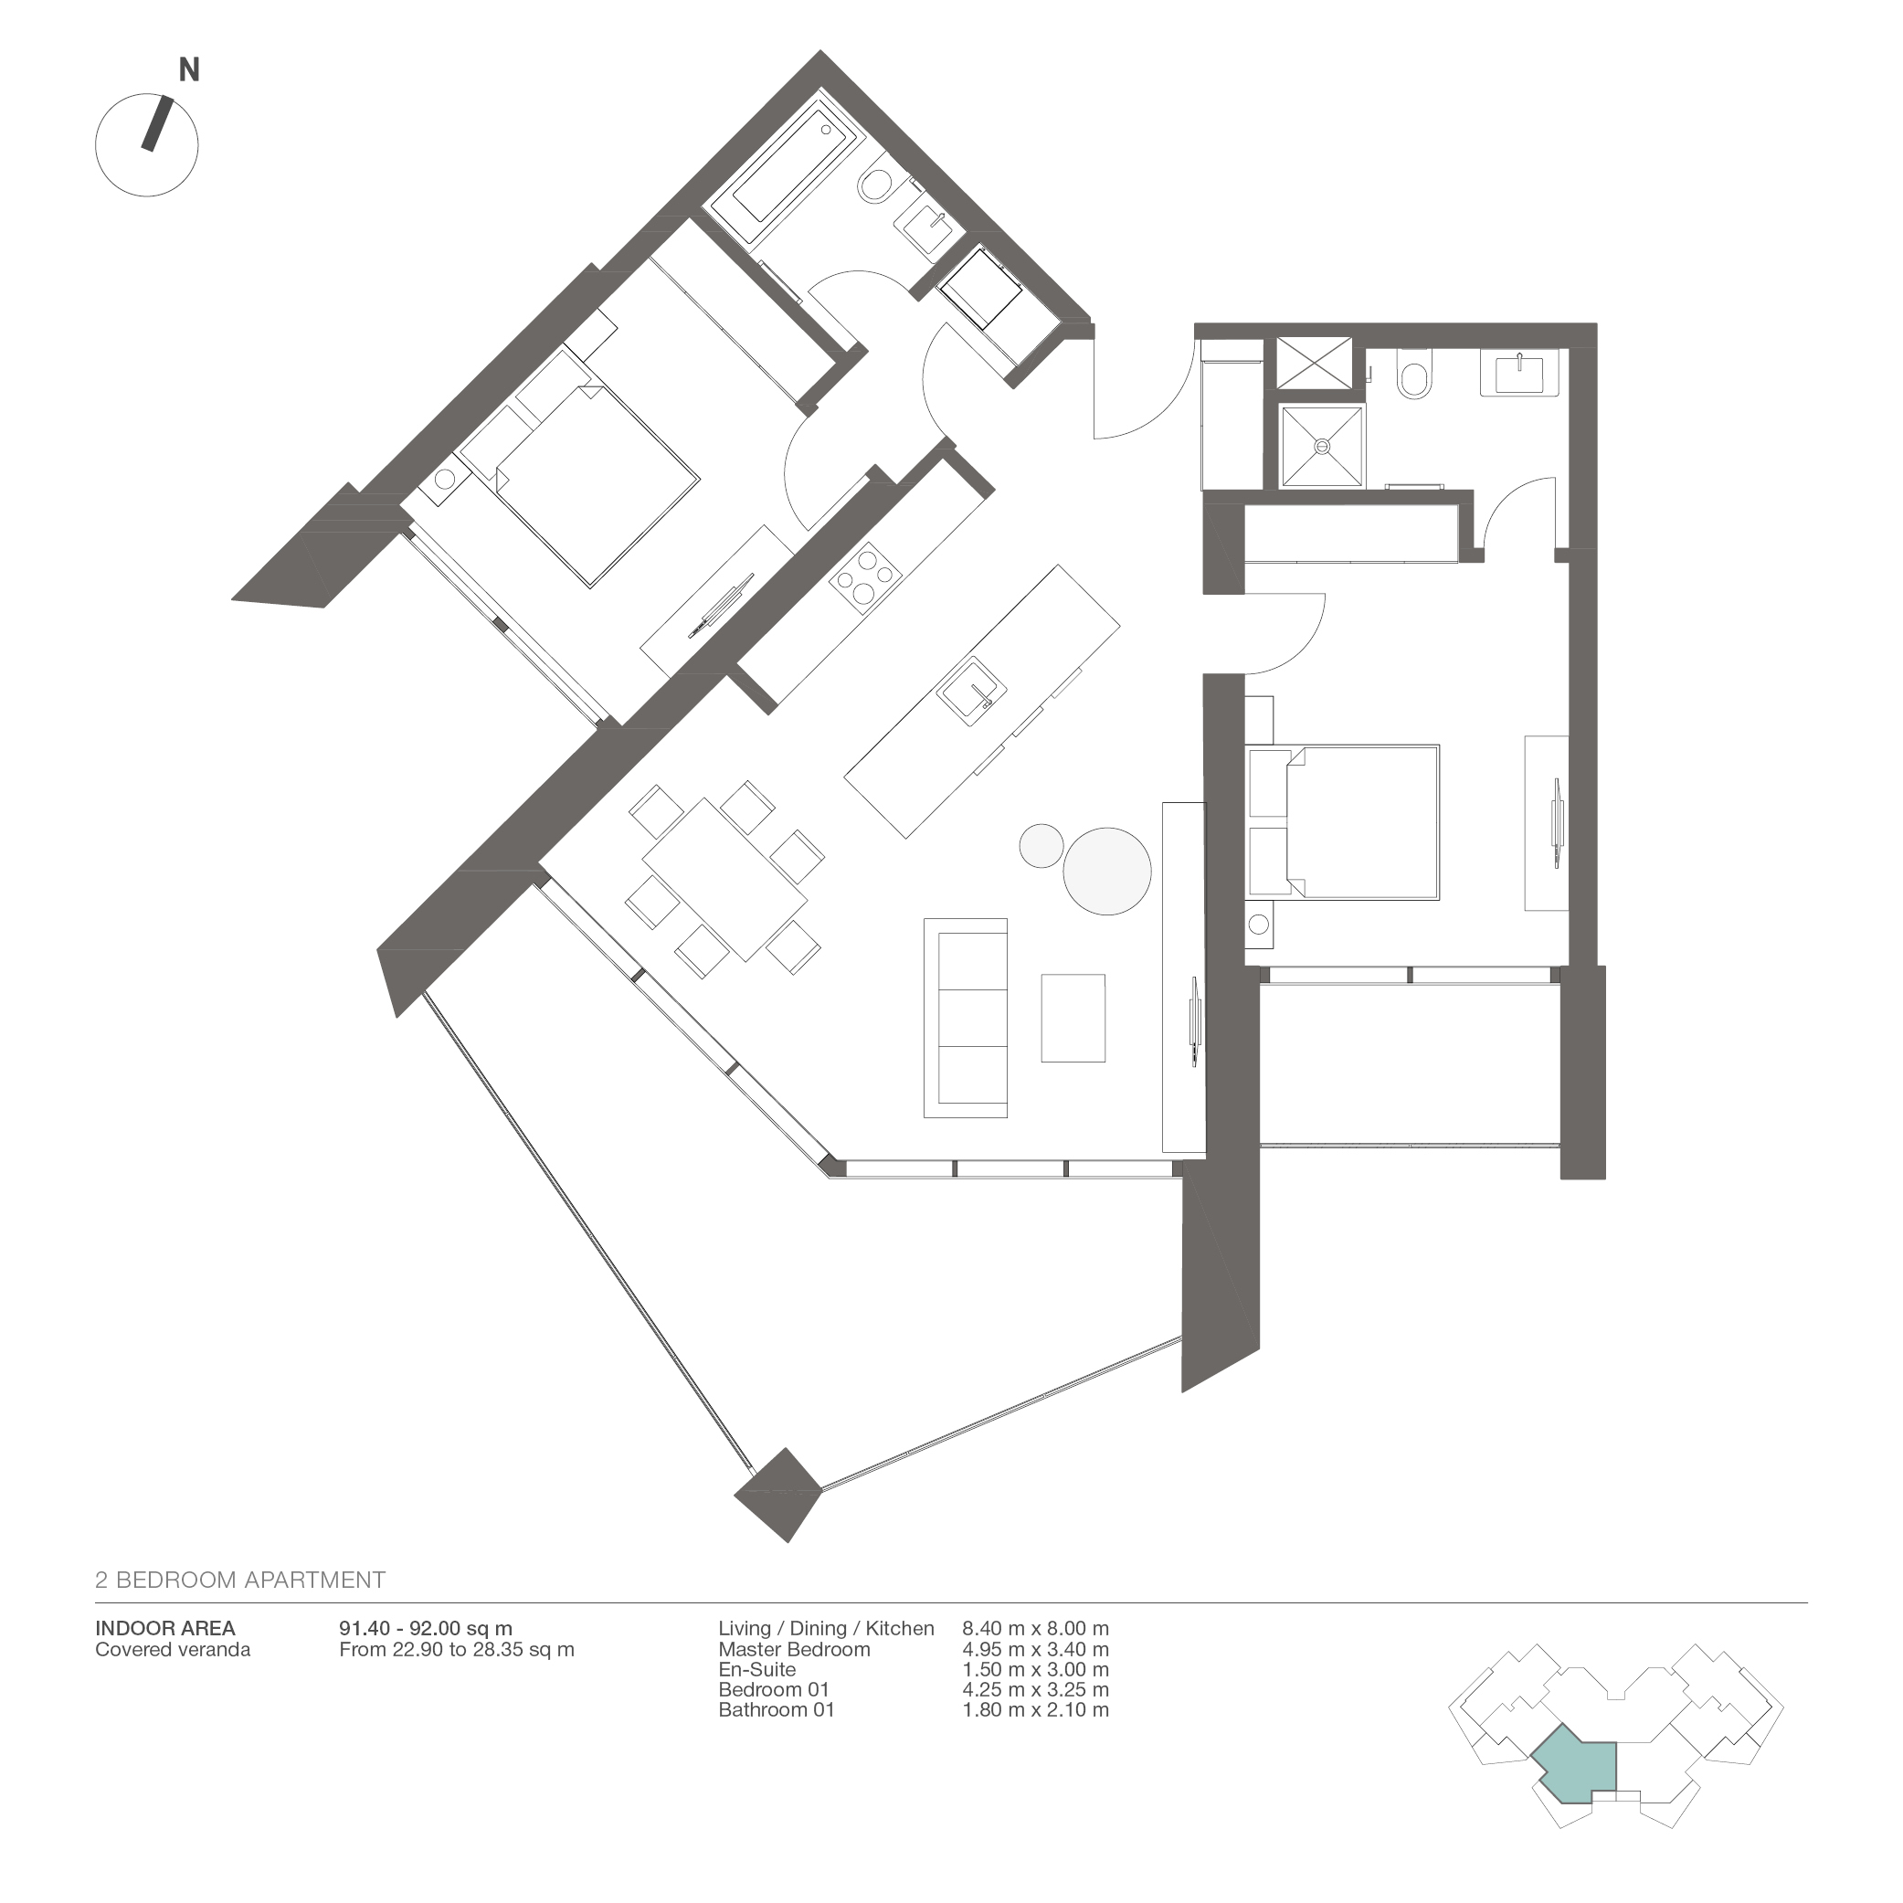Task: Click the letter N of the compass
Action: pyautogui.click(x=188, y=70)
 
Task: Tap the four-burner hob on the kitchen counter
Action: pyautogui.click(x=865, y=578)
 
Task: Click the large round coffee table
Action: pyautogui.click(x=1106, y=870)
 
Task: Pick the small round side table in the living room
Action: pyautogui.click(x=1041, y=845)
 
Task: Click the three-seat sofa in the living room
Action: pyautogui.click(x=966, y=1018)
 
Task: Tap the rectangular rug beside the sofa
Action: pyautogui.click(x=1073, y=1018)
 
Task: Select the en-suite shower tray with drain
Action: pyautogui.click(x=1322, y=445)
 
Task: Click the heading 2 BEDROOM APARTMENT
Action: pyautogui.click(x=239, y=1580)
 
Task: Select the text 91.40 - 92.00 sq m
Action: pyautogui.click(x=426, y=1628)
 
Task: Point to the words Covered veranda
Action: pyautogui.click(x=173, y=1649)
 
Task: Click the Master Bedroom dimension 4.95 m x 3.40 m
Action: pyautogui.click(x=1035, y=1649)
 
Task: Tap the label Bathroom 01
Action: pyautogui.click(x=777, y=1710)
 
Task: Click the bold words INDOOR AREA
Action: pyautogui.click(x=164, y=1628)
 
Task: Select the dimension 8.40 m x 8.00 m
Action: pyautogui.click(x=1035, y=1628)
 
